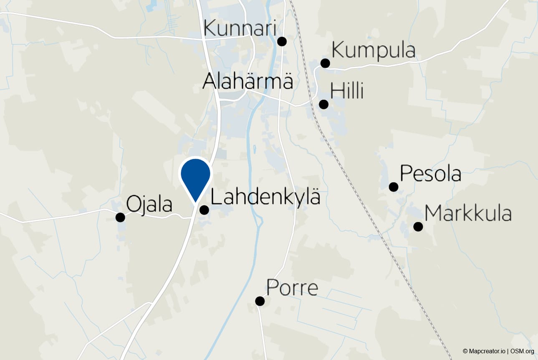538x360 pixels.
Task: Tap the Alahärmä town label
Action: click(x=248, y=81)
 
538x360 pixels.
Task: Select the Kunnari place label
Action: click(x=240, y=30)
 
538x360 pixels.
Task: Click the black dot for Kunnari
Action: click(x=282, y=41)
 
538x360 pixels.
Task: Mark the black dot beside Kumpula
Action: click(x=325, y=63)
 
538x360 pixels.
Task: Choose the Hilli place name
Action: click(x=347, y=91)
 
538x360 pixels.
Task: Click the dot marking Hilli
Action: click(x=323, y=104)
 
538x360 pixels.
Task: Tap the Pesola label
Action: click(x=430, y=173)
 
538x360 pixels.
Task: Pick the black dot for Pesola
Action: click(x=393, y=187)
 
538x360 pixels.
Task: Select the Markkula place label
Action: click(x=468, y=213)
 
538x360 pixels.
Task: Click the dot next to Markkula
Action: click(x=418, y=226)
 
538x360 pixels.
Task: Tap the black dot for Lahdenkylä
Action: click(x=204, y=210)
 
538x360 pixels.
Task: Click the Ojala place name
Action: click(x=149, y=205)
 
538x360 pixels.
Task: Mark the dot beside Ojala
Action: click(x=120, y=217)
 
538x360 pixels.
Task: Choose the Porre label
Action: click(x=292, y=288)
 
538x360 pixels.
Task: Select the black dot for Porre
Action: click(x=260, y=301)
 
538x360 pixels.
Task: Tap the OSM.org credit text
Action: click(x=522, y=351)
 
